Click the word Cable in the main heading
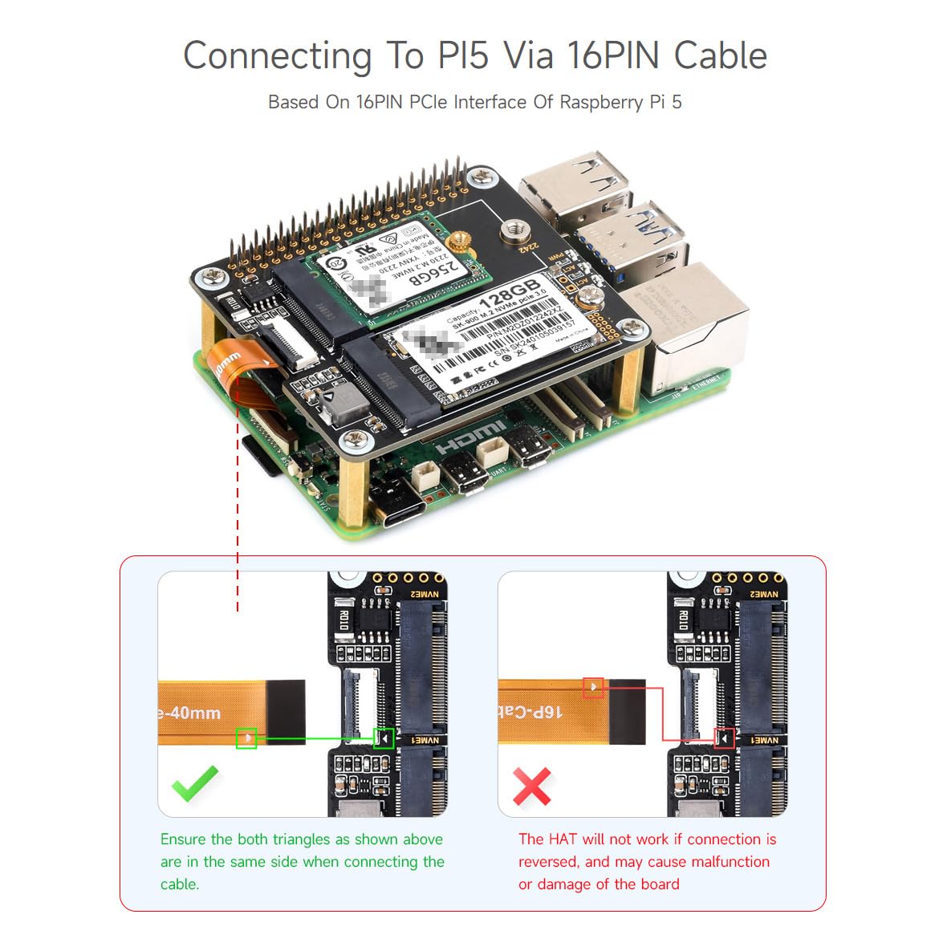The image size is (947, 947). [x=720, y=56]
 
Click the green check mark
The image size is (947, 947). [x=194, y=782]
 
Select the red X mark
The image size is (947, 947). [x=531, y=786]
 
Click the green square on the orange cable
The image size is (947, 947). [x=246, y=738]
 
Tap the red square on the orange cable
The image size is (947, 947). [x=593, y=687]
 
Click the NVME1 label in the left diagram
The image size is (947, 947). [x=425, y=739]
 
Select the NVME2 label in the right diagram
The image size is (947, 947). [x=764, y=595]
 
